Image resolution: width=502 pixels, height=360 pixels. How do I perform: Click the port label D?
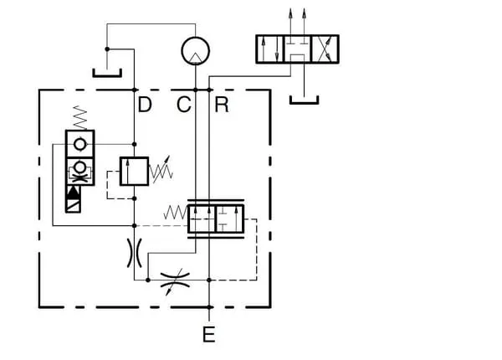[x=145, y=105]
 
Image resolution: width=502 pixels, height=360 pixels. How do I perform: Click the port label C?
[x=185, y=105]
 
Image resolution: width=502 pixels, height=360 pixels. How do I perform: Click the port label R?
[x=221, y=105]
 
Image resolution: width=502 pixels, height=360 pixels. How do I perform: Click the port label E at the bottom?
[x=209, y=335]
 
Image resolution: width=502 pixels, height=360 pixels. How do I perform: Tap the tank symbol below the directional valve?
[x=304, y=101]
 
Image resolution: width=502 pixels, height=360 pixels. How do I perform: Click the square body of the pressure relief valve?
[x=134, y=172]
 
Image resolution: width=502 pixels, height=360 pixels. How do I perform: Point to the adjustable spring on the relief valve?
[x=161, y=172]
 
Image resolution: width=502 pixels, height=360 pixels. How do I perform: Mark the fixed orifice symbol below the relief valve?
[x=134, y=252]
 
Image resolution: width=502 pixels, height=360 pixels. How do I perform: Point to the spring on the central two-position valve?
[x=175, y=214]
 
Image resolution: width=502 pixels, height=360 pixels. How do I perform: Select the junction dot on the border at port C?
[x=196, y=90]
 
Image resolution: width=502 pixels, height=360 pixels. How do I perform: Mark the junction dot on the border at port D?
[x=134, y=90]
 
